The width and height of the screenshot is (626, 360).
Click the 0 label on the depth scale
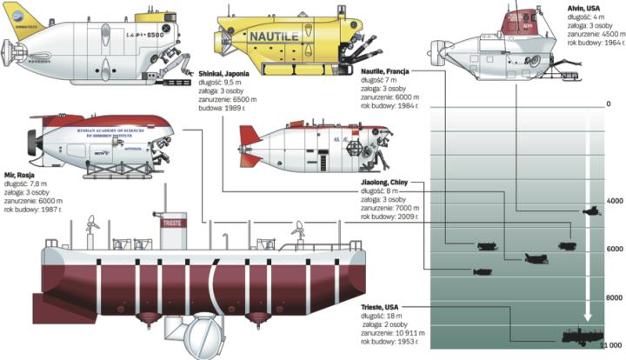point(608,105)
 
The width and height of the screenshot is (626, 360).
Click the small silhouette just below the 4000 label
point(592,211)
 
